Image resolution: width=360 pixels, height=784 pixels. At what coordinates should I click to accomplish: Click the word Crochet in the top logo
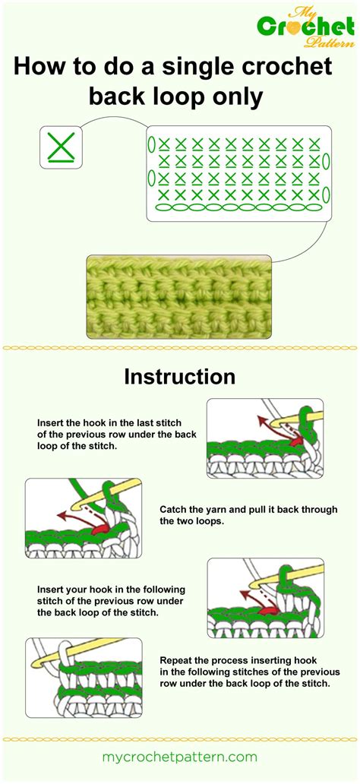[301, 28]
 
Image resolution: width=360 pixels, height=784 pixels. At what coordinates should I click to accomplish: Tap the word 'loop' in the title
[185, 97]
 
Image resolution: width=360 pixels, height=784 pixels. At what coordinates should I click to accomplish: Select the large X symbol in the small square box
[60, 147]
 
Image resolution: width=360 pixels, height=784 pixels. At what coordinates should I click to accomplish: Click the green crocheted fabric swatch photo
[179, 296]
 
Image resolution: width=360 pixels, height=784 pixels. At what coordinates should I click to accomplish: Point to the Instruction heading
[180, 377]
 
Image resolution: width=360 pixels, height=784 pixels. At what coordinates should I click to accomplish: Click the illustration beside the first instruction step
[264, 438]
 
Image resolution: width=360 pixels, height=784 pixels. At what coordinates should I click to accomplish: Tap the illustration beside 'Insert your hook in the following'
[264, 598]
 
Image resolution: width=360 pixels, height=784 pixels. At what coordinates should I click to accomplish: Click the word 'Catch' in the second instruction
[174, 510]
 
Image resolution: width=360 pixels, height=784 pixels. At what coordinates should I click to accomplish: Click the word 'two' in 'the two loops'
[188, 522]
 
